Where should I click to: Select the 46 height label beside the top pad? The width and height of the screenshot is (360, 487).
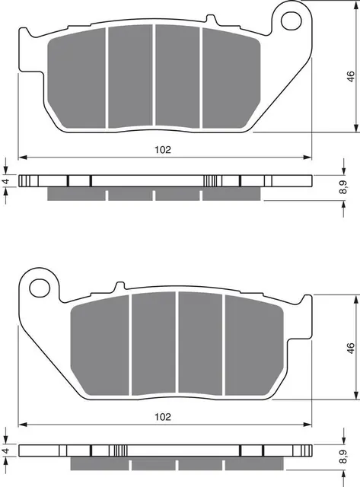[x=349, y=78]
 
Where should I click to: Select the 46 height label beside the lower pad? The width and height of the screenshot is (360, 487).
[x=349, y=348]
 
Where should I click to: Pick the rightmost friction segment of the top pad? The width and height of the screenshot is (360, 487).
[x=222, y=76]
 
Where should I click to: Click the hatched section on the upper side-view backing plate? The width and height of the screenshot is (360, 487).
[x=212, y=182]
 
